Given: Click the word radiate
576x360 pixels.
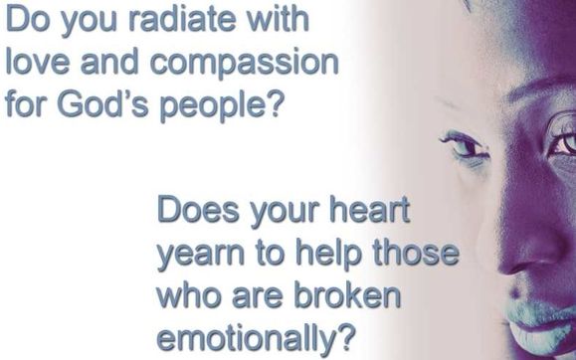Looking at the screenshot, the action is click(182, 19).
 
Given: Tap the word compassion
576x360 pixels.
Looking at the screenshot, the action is click(245, 63).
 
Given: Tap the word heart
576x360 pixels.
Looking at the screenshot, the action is click(369, 210).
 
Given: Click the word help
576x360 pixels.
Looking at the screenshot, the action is click(328, 253).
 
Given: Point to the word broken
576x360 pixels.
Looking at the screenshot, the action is click(347, 295).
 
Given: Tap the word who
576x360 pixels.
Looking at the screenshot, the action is click(189, 295).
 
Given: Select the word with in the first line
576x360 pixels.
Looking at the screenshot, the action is click(277, 18).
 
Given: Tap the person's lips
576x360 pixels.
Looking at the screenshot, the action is click(540, 327).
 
